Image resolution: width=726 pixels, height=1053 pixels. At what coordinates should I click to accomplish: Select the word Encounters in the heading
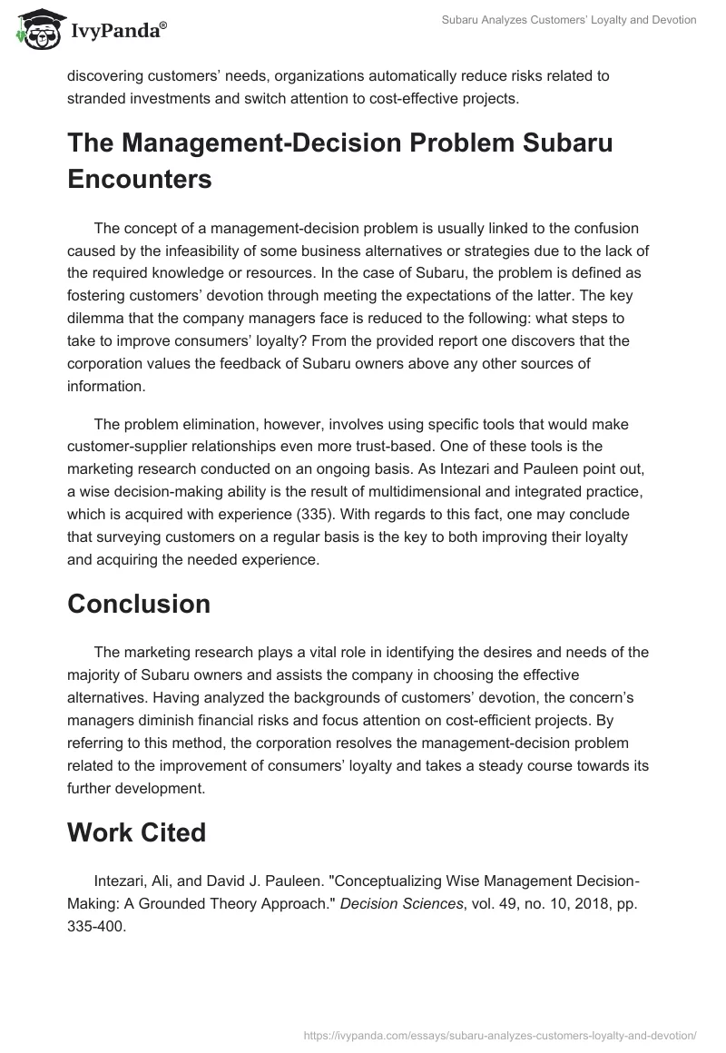(140, 179)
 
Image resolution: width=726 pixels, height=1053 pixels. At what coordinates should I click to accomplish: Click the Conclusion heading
(139, 604)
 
